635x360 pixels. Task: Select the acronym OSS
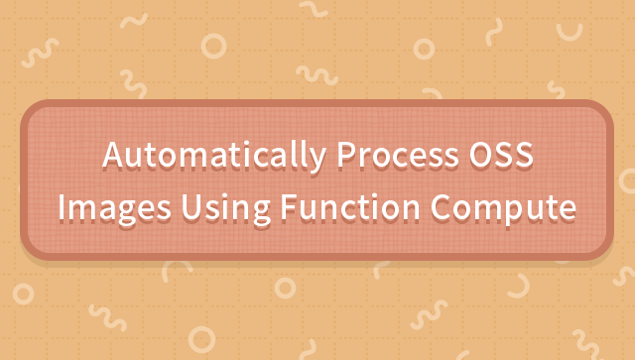point(499,157)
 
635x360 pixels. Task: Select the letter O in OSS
point(475,157)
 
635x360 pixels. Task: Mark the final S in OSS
point(522,157)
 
